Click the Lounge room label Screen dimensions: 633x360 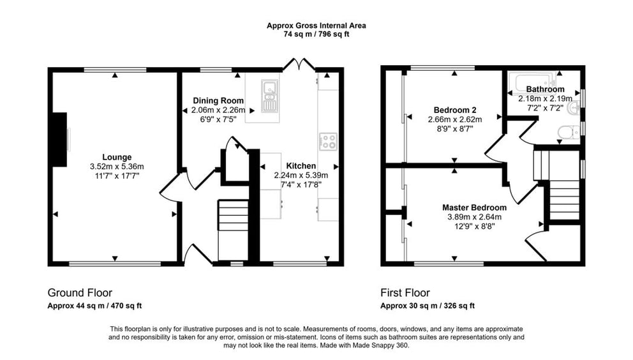(117, 157)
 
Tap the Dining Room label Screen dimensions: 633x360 (218, 101)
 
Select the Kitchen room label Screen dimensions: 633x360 (301, 166)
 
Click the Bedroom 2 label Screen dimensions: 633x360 (455, 110)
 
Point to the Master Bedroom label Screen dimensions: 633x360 (474, 207)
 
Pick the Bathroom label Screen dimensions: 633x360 (545, 89)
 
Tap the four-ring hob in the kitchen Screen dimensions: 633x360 (328, 142)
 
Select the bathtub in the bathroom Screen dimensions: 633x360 (532, 82)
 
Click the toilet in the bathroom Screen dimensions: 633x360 (569, 131)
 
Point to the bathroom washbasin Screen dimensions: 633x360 (573, 108)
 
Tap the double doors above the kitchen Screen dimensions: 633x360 (299, 64)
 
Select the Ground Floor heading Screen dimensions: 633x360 (80, 292)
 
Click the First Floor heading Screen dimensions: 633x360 (405, 292)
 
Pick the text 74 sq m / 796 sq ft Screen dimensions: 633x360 (316, 34)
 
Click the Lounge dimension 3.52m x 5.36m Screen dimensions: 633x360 (117, 167)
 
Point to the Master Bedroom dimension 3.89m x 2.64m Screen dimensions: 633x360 (474, 217)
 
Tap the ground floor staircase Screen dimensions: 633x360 (233, 230)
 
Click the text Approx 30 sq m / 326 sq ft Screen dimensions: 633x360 (428, 306)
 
